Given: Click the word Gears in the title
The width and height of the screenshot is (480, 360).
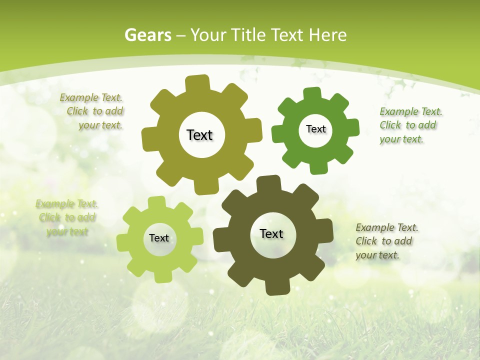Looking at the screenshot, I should pyautogui.click(x=148, y=35).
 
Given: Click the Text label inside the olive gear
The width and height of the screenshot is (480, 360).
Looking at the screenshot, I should pyautogui.click(x=199, y=135).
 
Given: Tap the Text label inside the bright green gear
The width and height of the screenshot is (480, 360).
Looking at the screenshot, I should pyautogui.click(x=315, y=129).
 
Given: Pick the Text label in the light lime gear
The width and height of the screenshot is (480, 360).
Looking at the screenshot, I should pyautogui.click(x=159, y=238).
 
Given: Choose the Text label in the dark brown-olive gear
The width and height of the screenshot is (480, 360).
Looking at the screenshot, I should pyautogui.click(x=271, y=233).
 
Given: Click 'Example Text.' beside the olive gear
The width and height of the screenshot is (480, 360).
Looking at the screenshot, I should pyautogui.click(x=91, y=98).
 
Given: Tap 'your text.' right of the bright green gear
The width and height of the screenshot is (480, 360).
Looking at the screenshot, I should pyautogui.click(x=401, y=139).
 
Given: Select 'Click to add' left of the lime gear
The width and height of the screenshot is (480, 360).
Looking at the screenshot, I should pyautogui.click(x=67, y=217).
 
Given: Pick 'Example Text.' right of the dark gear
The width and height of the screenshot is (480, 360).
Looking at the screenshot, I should pyautogui.click(x=387, y=227).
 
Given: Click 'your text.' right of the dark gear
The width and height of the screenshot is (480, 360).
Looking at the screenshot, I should pyautogui.click(x=377, y=255).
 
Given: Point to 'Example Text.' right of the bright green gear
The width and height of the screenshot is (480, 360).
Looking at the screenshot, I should pyautogui.click(x=411, y=111).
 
